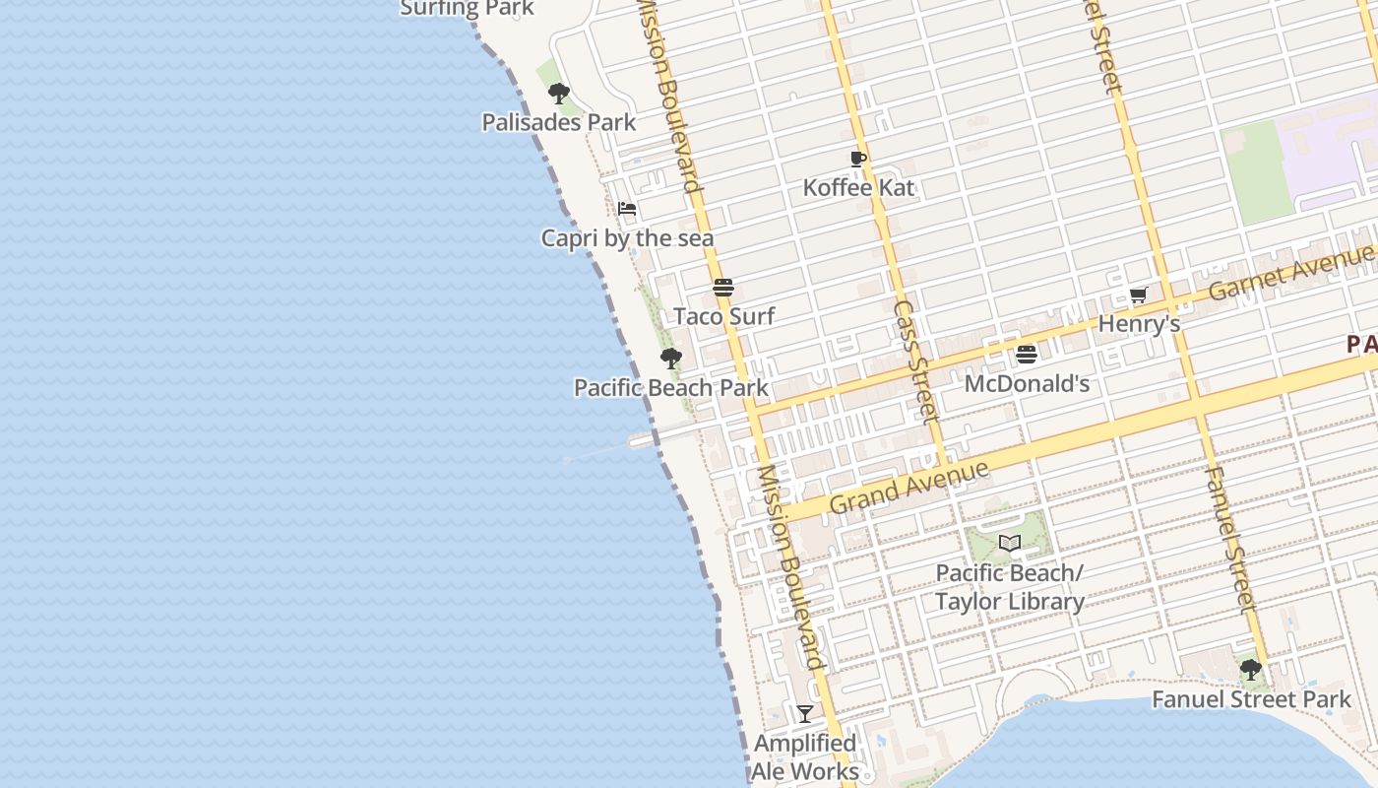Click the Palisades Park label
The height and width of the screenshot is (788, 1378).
pos(558,122)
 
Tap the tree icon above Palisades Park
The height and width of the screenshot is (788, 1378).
pos(559,95)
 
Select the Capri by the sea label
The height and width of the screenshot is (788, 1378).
pos(627,238)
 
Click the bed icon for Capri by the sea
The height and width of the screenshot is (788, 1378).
pos(627,209)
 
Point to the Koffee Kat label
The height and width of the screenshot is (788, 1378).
pos(858,187)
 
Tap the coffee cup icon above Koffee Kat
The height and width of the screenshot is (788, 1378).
pos(858,159)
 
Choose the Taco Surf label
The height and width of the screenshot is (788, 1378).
pos(723,316)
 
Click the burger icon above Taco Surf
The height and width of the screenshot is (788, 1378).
pos(723,289)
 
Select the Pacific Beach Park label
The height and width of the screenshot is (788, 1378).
pos(671,387)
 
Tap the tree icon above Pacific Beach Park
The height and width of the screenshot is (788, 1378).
pos(671,359)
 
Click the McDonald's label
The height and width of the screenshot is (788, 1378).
pos(1027,383)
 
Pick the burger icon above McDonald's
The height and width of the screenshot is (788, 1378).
pos(1027,355)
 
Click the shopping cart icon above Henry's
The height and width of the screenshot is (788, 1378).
pos(1139,295)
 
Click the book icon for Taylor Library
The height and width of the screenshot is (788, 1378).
pos(1010,543)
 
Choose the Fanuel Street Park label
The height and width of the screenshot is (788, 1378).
pos(1251,699)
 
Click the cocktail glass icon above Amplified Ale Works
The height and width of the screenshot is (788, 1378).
pos(805,714)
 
